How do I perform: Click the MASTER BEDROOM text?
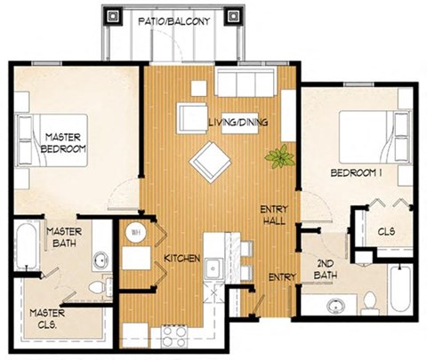point(63,142)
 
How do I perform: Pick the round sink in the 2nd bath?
point(335,308)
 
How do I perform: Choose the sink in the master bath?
point(101,260)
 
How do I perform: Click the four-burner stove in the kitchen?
point(172,336)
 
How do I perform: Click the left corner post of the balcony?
point(113,16)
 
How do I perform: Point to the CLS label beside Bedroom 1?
point(386,232)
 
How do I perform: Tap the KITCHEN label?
point(180,259)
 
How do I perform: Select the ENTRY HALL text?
point(273,215)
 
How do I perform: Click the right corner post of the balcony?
point(236,16)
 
